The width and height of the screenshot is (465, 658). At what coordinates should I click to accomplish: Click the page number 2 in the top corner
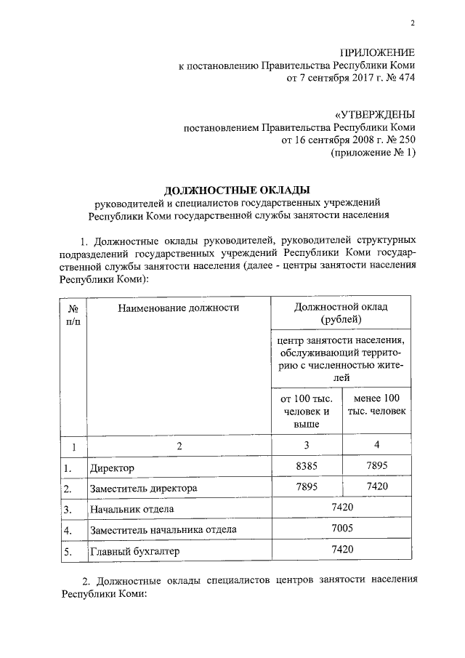(x=412, y=23)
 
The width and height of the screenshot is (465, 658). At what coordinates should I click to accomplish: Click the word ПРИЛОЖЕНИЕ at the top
(x=378, y=53)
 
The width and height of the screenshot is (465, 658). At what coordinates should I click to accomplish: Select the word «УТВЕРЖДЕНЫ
(x=374, y=114)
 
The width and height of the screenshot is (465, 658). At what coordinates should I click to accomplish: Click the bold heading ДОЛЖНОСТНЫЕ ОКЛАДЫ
(x=232, y=190)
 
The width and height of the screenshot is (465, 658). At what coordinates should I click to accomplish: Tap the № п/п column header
(x=73, y=313)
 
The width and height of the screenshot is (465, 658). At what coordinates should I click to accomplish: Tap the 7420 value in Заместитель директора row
(x=376, y=486)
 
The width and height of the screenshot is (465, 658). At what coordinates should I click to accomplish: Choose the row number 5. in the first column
(x=68, y=552)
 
